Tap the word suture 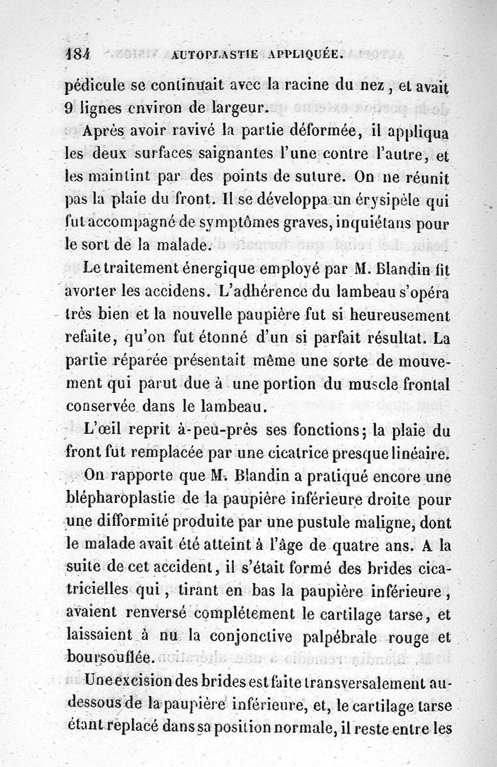point(313,176)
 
